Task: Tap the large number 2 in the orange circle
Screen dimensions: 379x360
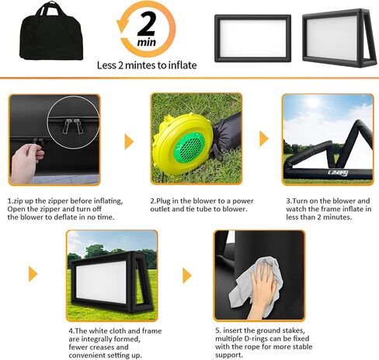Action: point(147,24)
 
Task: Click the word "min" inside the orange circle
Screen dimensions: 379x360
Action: point(147,42)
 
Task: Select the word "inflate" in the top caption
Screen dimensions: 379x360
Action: point(183,65)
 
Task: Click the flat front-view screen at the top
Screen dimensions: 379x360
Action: point(252,38)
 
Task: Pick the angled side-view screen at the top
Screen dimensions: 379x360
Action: point(339,38)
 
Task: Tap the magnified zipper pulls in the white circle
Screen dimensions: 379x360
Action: point(73,125)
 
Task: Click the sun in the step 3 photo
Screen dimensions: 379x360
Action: point(312,103)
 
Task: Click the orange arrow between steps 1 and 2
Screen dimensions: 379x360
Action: point(129,142)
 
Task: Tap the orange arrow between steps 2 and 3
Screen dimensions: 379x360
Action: point(264,138)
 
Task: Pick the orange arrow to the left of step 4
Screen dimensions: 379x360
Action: point(33,274)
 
